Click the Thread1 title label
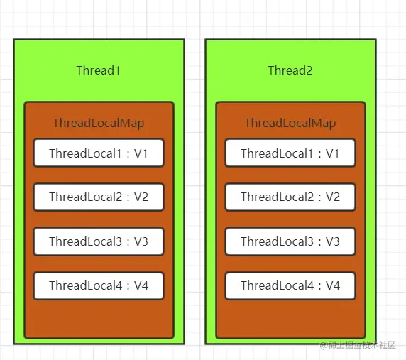point(99,70)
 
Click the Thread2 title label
point(290,70)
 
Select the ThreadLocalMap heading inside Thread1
point(99,123)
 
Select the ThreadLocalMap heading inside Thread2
point(290,123)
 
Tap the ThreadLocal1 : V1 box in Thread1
point(99,153)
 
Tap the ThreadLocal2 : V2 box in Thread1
point(99,197)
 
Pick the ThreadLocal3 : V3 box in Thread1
point(99,241)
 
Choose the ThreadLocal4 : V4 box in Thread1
point(99,285)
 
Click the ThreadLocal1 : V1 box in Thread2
point(290,153)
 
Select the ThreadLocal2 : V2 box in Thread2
point(290,197)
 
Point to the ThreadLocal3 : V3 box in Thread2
point(290,241)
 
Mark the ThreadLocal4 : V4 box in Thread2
point(290,285)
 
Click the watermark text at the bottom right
point(358,344)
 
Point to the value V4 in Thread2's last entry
point(333,285)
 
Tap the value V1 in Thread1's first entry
point(141,153)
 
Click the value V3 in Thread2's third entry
point(333,241)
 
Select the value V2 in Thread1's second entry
point(141,197)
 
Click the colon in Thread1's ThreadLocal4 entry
point(128,286)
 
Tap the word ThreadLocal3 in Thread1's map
point(85,241)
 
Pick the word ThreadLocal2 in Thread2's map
point(278,197)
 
